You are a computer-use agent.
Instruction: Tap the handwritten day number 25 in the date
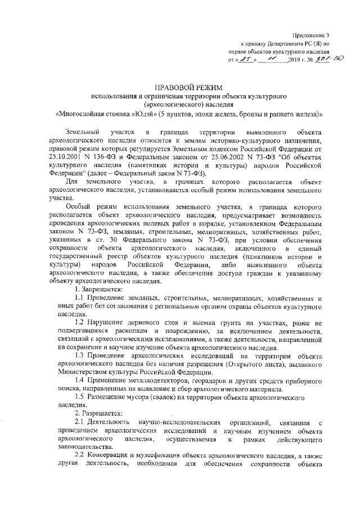tap(247, 59)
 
